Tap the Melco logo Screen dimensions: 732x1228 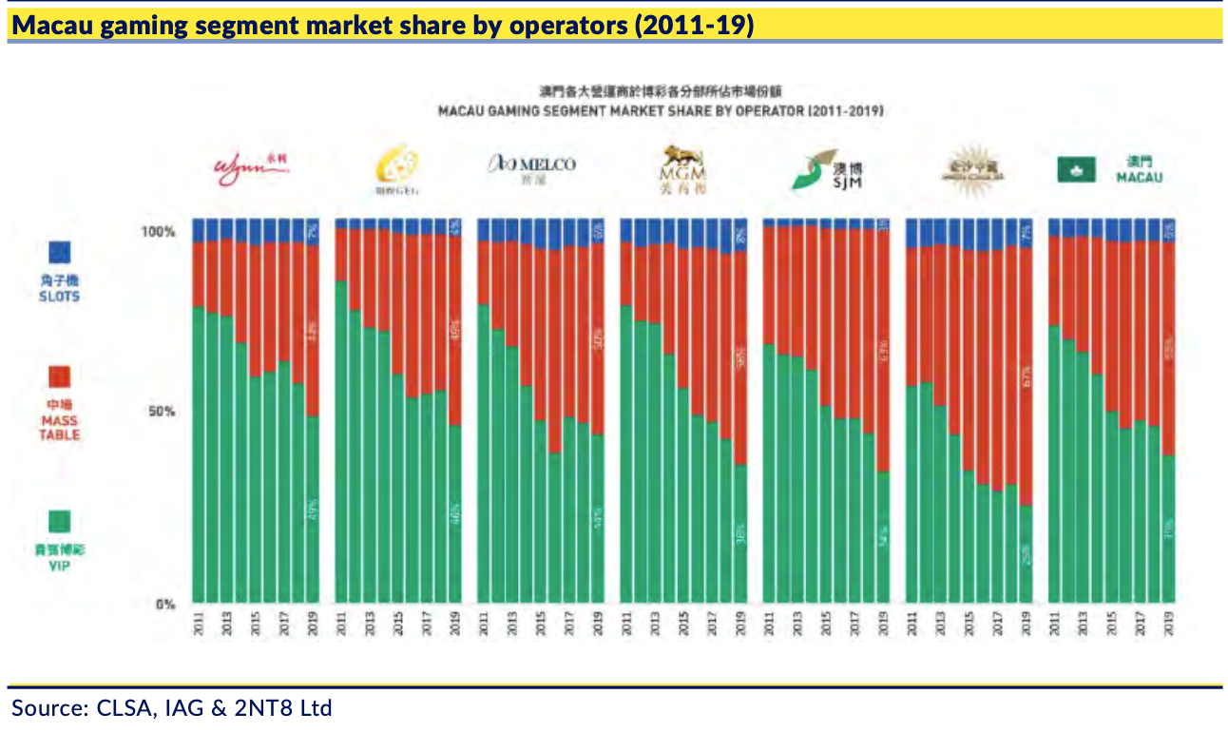(531, 169)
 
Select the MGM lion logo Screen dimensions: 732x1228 (680, 169)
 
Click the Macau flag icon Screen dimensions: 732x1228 (1075, 170)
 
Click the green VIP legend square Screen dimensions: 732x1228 (59, 522)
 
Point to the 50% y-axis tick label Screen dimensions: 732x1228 (163, 413)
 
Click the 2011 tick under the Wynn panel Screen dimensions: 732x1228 (199, 624)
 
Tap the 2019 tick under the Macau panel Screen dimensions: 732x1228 (1168, 624)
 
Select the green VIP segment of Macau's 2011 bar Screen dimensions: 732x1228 (1055, 466)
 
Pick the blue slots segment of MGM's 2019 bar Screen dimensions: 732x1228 (740, 236)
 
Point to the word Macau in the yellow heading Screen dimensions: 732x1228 (50, 26)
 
